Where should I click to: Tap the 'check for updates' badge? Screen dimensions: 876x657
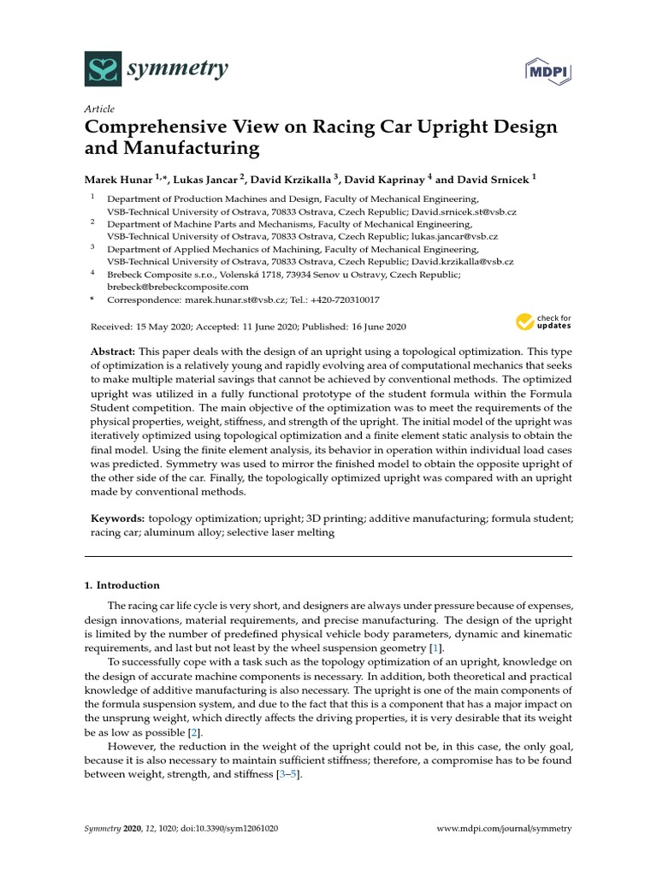point(543,322)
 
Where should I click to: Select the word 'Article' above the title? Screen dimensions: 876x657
point(99,109)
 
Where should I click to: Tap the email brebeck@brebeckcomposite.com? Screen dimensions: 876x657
point(176,287)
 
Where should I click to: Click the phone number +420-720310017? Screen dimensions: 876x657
point(342,300)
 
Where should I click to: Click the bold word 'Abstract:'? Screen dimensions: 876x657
point(114,352)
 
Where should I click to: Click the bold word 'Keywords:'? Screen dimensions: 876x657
point(117,518)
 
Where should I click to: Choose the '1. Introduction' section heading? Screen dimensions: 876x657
point(121,585)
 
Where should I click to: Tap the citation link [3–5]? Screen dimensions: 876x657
point(288,774)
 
